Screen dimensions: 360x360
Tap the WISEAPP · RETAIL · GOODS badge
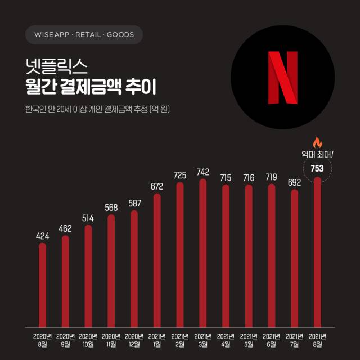pyautogui.click(x=84, y=35)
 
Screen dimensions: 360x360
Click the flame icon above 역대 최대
pyautogui.click(x=318, y=141)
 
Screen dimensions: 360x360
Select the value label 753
pyautogui.click(x=317, y=168)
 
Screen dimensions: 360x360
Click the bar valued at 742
pyautogui.click(x=203, y=253)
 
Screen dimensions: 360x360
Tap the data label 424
pyautogui.click(x=43, y=236)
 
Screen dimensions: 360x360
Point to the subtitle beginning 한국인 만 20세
pyautogui.click(x=98, y=109)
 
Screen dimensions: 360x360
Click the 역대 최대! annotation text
pyautogui.click(x=318, y=153)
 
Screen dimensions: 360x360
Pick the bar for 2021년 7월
pyautogui.click(x=294, y=259)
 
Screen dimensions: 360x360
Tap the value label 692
pyautogui.click(x=294, y=183)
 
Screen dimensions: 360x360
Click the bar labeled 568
pyautogui.click(x=111, y=271)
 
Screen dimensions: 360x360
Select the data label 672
pyautogui.click(x=157, y=186)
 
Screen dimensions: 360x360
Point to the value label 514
pyautogui.click(x=88, y=218)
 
